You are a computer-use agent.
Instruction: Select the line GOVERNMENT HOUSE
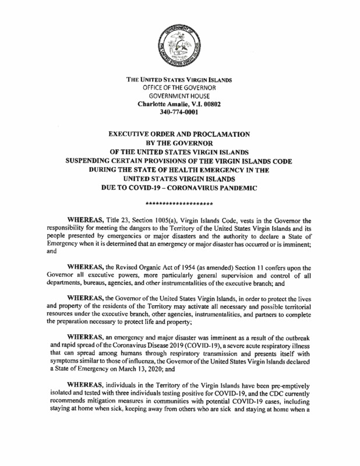click(179, 96)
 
